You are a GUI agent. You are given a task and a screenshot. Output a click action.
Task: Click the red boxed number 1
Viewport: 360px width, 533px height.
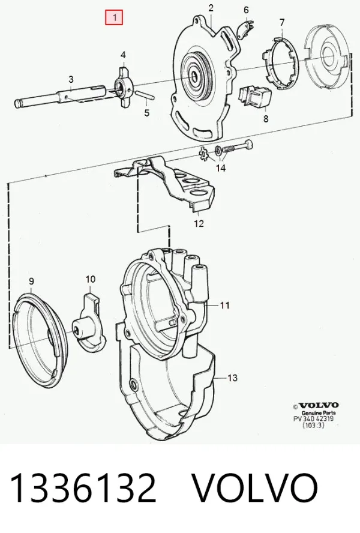pos(114,17)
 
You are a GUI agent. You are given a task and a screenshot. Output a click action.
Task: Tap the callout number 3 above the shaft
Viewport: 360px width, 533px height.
pos(71,80)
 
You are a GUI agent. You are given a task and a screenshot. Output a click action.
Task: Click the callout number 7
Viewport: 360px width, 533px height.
pos(282,22)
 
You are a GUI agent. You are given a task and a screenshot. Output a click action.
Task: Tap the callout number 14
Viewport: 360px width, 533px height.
pos(221,168)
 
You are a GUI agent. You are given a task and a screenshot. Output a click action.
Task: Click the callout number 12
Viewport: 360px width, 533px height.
pos(199,223)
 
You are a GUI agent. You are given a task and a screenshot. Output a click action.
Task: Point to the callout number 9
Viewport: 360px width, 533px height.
pos(31,281)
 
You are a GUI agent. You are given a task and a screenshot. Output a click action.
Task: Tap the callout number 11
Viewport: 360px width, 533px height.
pos(225,306)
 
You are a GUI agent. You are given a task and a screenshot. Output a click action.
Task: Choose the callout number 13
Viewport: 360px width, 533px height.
pos(232,378)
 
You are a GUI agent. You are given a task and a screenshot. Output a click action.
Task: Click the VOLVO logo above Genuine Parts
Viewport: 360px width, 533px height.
pos(316,405)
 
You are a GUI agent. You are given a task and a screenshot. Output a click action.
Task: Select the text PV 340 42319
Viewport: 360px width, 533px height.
pos(313,418)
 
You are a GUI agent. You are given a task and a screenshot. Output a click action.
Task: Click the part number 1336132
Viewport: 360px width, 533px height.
pos(83,487)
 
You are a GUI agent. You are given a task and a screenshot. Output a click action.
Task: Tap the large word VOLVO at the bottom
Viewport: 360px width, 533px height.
pos(255,487)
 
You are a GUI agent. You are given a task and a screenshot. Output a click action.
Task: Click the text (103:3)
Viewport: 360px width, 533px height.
pos(313,425)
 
